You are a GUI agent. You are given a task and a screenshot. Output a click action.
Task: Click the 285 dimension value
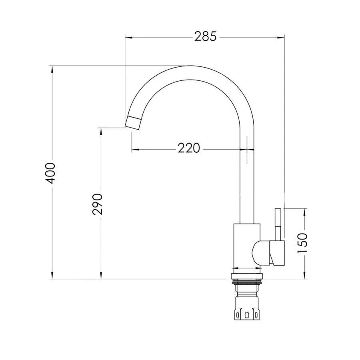(205, 37)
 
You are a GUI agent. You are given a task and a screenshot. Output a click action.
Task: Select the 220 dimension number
(188, 149)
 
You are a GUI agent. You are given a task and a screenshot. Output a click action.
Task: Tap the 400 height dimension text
(51, 173)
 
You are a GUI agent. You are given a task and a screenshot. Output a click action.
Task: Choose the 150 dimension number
(303, 243)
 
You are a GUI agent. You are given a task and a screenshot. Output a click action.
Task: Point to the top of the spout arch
(188, 72)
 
